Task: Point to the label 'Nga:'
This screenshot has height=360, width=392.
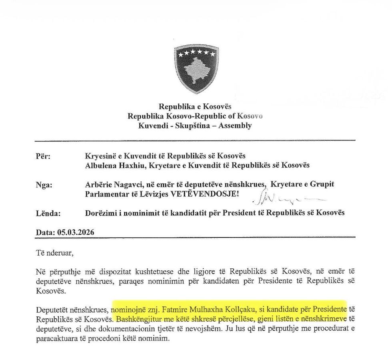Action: (x=44, y=185)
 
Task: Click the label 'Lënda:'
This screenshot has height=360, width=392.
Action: (x=48, y=213)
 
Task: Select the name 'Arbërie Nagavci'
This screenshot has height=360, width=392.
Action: (x=108, y=184)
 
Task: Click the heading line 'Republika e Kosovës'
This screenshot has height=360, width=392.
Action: (x=195, y=107)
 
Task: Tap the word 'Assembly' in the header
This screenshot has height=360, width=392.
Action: (x=238, y=125)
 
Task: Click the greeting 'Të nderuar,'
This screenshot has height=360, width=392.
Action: (x=54, y=253)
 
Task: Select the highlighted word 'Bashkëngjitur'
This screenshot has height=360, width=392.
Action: (x=136, y=320)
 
